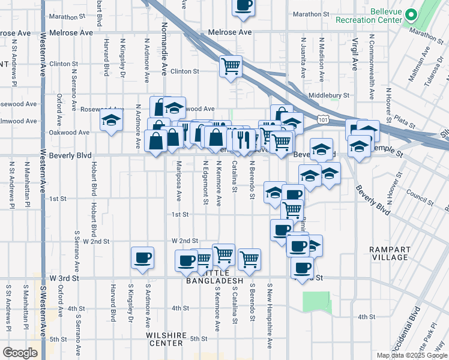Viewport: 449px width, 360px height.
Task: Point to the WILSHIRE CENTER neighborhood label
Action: (164, 339)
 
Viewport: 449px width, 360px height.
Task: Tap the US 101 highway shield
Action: (323, 120)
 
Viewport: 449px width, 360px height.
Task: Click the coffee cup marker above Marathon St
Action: (243, 6)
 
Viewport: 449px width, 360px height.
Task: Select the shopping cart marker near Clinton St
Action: (231, 67)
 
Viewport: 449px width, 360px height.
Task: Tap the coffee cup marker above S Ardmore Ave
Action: (143, 258)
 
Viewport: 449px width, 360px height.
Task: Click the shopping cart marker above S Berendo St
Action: (249, 259)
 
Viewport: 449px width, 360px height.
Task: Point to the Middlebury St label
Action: (329, 95)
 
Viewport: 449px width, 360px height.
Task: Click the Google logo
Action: (20, 352)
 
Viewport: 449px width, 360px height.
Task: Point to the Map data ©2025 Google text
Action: (411, 355)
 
